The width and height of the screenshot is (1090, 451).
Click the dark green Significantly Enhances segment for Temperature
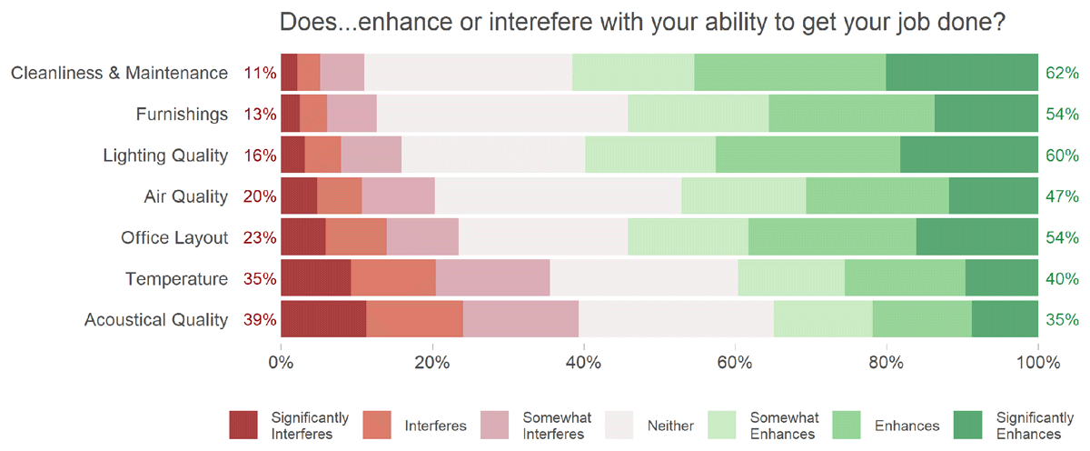[x=1002, y=278]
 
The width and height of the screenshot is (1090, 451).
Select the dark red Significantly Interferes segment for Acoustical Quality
[x=323, y=319]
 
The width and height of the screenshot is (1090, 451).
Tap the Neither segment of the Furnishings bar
[x=501, y=114]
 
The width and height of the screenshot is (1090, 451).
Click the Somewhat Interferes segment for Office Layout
[x=422, y=237]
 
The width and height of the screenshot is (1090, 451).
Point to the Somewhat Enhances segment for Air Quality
[x=743, y=196]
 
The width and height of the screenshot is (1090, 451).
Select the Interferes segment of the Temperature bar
[x=393, y=278]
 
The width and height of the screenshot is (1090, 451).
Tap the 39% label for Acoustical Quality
[x=260, y=319]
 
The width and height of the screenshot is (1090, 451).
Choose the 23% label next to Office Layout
[x=260, y=237]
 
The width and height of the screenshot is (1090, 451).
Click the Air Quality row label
[x=185, y=196]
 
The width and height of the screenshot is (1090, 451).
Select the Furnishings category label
[x=182, y=114]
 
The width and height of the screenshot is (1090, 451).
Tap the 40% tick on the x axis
[x=583, y=362]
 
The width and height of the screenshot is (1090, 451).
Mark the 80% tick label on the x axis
[x=886, y=362]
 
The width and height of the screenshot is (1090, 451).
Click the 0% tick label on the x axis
[x=281, y=362]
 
